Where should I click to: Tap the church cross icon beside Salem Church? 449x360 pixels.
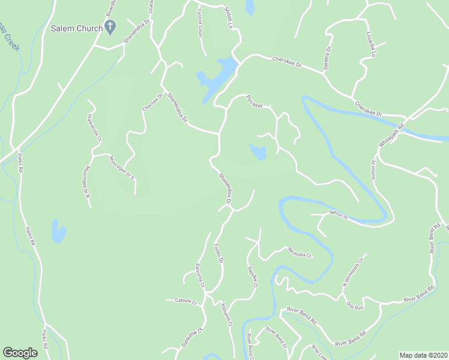click(110, 26)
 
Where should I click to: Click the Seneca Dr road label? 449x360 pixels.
click(328, 59)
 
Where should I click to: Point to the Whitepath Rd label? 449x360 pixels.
click(393, 136)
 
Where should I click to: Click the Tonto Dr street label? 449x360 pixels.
click(219, 254)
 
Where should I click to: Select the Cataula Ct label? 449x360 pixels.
click(186, 302)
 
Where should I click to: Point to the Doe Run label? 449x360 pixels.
click(355, 307)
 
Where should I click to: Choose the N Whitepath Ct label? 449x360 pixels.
click(354, 271)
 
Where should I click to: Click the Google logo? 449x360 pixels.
click(20, 353)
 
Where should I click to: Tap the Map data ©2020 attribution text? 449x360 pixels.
click(423, 355)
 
